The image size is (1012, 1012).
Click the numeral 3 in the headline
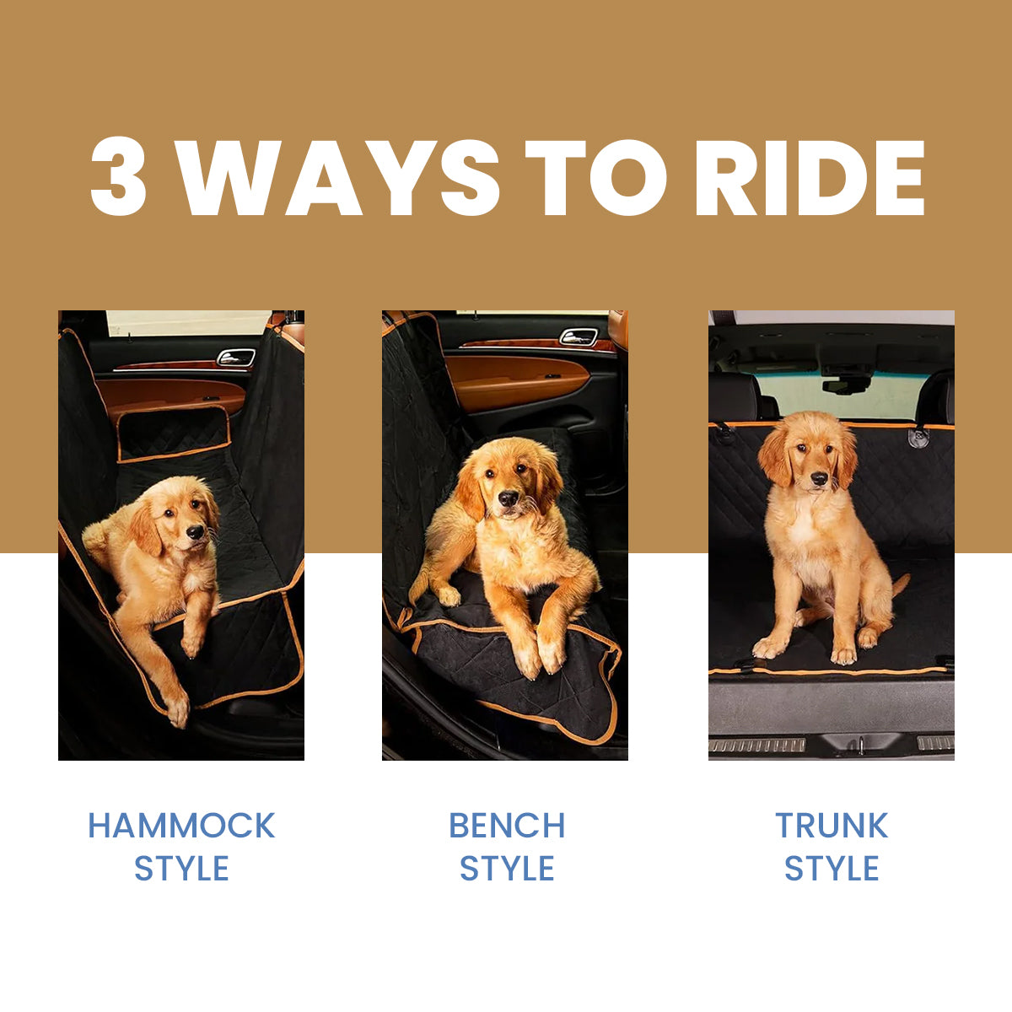[118, 176]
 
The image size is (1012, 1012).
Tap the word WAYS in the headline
[336, 176]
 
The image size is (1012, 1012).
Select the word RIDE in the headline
[810, 176]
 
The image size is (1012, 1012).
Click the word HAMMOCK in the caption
[181, 825]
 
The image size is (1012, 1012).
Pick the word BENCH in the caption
[507, 825]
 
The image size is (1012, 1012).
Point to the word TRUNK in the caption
[832, 825]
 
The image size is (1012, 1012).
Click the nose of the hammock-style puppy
[195, 532]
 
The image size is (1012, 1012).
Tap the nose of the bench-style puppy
[508, 498]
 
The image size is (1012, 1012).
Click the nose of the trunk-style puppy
[819, 478]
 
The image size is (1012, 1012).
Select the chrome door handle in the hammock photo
[236, 357]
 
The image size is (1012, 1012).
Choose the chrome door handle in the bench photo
[579, 337]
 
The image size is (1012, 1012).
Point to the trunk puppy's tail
[902, 584]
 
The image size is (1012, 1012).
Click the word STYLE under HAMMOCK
[181, 868]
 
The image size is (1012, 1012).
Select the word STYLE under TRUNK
[832, 868]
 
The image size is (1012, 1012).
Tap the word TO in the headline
[595, 177]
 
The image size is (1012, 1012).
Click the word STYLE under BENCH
[507, 868]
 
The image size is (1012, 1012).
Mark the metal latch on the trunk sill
[860, 745]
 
